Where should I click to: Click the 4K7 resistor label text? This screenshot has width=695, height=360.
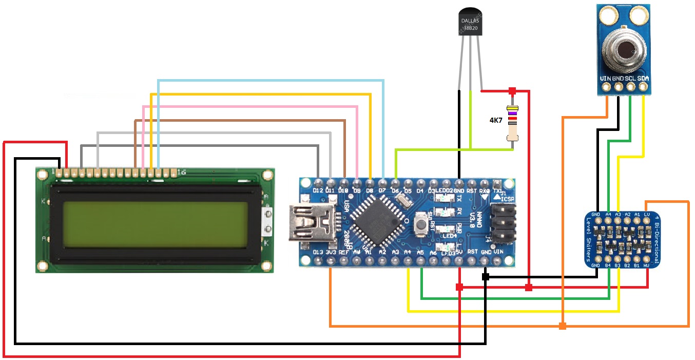(x=496, y=121)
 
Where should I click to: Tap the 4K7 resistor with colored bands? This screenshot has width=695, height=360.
(x=512, y=123)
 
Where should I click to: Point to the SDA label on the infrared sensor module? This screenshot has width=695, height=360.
(x=644, y=79)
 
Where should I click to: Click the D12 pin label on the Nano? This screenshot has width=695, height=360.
(x=318, y=191)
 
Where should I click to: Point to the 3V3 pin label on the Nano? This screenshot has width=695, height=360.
(x=331, y=252)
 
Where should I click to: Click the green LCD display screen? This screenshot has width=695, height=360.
(x=154, y=223)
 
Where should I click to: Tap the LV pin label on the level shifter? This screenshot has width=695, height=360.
(x=647, y=214)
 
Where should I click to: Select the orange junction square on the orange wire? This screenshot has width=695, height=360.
(x=563, y=326)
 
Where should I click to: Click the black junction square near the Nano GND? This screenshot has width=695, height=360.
(x=485, y=277)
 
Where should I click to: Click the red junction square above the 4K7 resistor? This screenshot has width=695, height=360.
(x=512, y=91)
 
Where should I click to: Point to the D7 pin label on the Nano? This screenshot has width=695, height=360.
(x=382, y=191)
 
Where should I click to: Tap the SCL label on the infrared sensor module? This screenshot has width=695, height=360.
(x=631, y=79)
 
